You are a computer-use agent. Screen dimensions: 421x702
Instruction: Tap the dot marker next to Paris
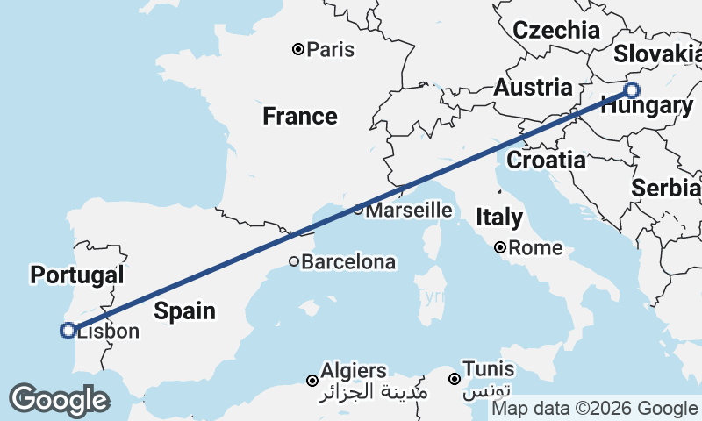coord(298,50)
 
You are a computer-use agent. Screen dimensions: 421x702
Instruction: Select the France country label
coord(300,116)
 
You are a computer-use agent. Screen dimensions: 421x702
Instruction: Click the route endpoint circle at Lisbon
coord(68,331)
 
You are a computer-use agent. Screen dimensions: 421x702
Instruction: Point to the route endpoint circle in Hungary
coord(631,89)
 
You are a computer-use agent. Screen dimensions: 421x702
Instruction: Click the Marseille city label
coord(409,210)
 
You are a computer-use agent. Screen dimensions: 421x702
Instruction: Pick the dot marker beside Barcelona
coord(295,261)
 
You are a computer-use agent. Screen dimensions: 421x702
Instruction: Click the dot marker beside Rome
coord(500,248)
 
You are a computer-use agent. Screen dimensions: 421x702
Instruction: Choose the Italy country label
coord(498,217)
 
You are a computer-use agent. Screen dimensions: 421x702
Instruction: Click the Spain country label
coord(185,310)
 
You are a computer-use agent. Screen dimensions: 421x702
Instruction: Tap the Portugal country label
coord(76,275)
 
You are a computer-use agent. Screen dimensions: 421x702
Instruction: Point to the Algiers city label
coord(353,370)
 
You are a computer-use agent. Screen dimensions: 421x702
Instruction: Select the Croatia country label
coord(546,161)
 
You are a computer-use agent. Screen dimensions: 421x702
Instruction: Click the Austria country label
coord(533,88)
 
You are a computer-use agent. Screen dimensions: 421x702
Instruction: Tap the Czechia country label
coord(556,31)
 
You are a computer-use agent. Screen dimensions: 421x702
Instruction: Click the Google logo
coord(59,400)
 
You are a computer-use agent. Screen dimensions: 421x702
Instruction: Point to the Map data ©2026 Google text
coord(594,409)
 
